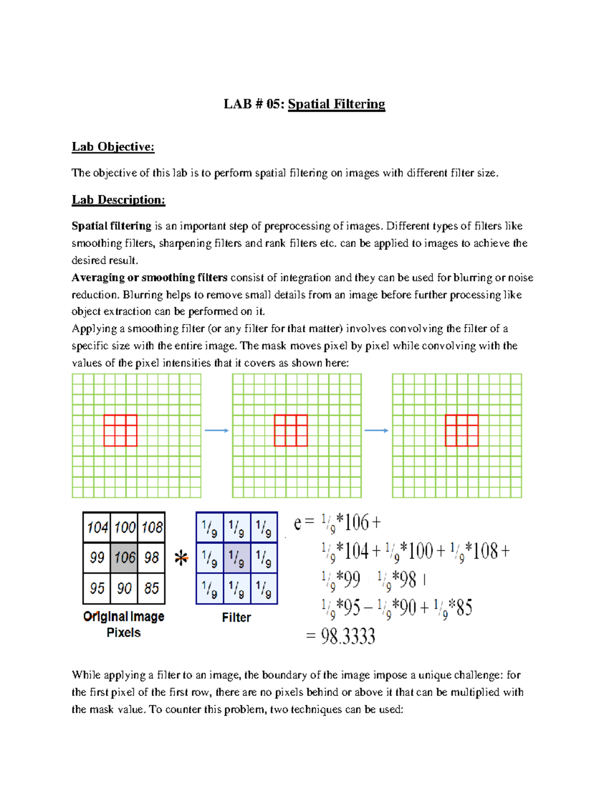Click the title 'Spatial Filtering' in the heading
(336, 104)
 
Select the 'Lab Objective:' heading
(113, 147)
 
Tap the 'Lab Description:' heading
(118, 200)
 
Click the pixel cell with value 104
(97, 527)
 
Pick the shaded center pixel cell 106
(124, 557)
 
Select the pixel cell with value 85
(152, 588)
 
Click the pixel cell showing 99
(97, 557)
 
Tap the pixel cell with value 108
(152, 527)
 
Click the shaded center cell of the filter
(236, 558)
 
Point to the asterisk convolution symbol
(181, 558)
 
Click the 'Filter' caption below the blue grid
(236, 617)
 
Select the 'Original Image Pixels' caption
(124, 624)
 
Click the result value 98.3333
(348, 636)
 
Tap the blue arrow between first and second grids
(217, 431)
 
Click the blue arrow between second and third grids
(377, 431)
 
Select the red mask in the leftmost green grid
(120, 430)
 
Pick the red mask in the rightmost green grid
(461, 430)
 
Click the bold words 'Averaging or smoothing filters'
(149, 277)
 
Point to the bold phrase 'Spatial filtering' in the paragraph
(111, 226)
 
